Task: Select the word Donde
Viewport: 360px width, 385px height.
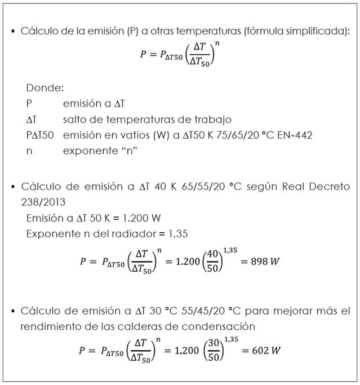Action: pos(45,88)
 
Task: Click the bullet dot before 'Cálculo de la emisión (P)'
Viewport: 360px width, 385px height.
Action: pos(12,31)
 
